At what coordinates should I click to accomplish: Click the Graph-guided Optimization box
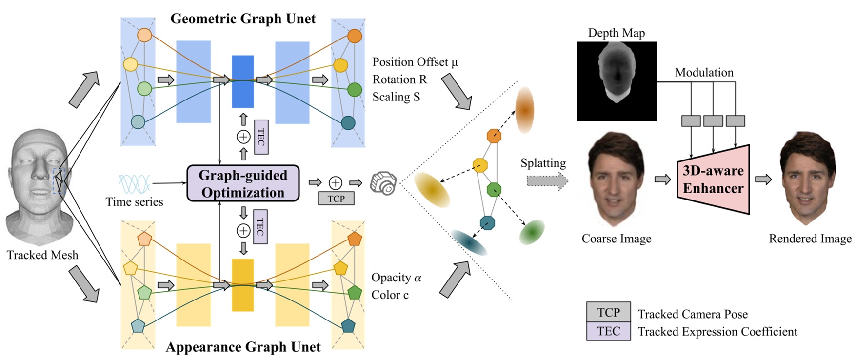(x=243, y=183)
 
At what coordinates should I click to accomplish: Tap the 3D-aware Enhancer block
(x=713, y=180)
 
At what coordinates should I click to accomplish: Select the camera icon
(x=383, y=183)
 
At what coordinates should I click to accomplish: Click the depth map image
(x=617, y=81)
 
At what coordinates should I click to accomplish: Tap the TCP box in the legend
(x=608, y=312)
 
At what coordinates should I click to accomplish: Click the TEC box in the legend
(x=608, y=331)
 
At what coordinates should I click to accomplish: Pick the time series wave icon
(x=134, y=184)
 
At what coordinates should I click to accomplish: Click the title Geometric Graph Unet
(x=243, y=19)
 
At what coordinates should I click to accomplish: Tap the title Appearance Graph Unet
(x=243, y=347)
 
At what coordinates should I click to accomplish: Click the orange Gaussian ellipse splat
(x=524, y=110)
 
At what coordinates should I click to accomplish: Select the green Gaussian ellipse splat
(x=532, y=232)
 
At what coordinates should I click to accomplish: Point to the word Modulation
(x=704, y=72)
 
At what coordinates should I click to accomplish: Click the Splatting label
(x=543, y=163)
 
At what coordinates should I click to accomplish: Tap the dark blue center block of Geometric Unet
(x=242, y=81)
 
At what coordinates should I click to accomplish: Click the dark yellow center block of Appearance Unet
(x=242, y=285)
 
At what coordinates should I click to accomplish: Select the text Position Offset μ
(x=415, y=62)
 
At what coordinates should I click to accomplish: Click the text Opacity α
(x=396, y=278)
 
